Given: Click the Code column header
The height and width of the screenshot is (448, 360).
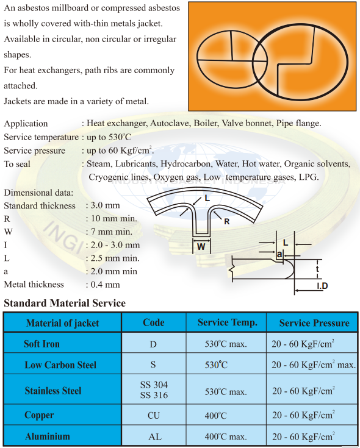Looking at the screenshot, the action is coord(154,322).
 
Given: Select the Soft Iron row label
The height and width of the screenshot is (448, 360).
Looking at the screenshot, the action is coord(41,344).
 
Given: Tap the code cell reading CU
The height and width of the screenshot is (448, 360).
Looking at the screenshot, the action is coord(154,416).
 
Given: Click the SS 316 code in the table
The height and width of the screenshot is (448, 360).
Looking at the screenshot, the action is coord(154,395).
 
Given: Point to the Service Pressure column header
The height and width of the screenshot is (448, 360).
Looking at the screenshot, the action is coord(314,322).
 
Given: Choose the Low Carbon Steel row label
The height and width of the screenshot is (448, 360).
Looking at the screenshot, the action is coord(60,365).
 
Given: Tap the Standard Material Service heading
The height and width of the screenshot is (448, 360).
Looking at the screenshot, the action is coord(65,303).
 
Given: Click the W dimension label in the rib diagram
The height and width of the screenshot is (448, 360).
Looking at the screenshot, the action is coord(201,246).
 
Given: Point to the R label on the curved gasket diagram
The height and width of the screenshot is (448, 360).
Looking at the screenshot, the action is coord(226,222).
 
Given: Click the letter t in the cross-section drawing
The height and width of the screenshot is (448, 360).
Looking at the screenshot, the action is coord(317,268).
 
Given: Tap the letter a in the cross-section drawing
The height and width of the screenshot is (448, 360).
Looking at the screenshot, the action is coord(279,253).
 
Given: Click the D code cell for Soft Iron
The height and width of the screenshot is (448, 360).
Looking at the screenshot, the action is coord(154,344).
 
